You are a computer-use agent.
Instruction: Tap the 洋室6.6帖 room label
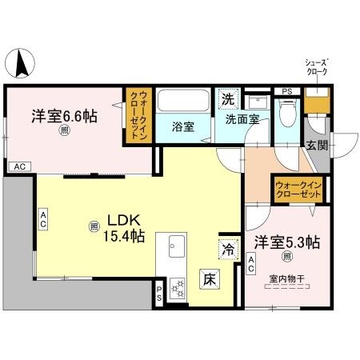coord(65,116)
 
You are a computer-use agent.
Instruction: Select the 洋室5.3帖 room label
coord(287,242)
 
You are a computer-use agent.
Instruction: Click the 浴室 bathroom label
coord(184,126)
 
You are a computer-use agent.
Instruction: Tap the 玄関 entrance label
coord(316,145)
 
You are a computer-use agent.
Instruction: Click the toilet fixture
coord(290,115)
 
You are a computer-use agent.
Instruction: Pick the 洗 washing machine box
coord(229,100)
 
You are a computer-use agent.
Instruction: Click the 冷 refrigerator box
coord(228,249)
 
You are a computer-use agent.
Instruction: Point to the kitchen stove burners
coord(176,287)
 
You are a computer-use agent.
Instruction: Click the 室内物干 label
coord(286,279)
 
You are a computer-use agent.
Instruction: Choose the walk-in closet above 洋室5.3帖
coord(298,190)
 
